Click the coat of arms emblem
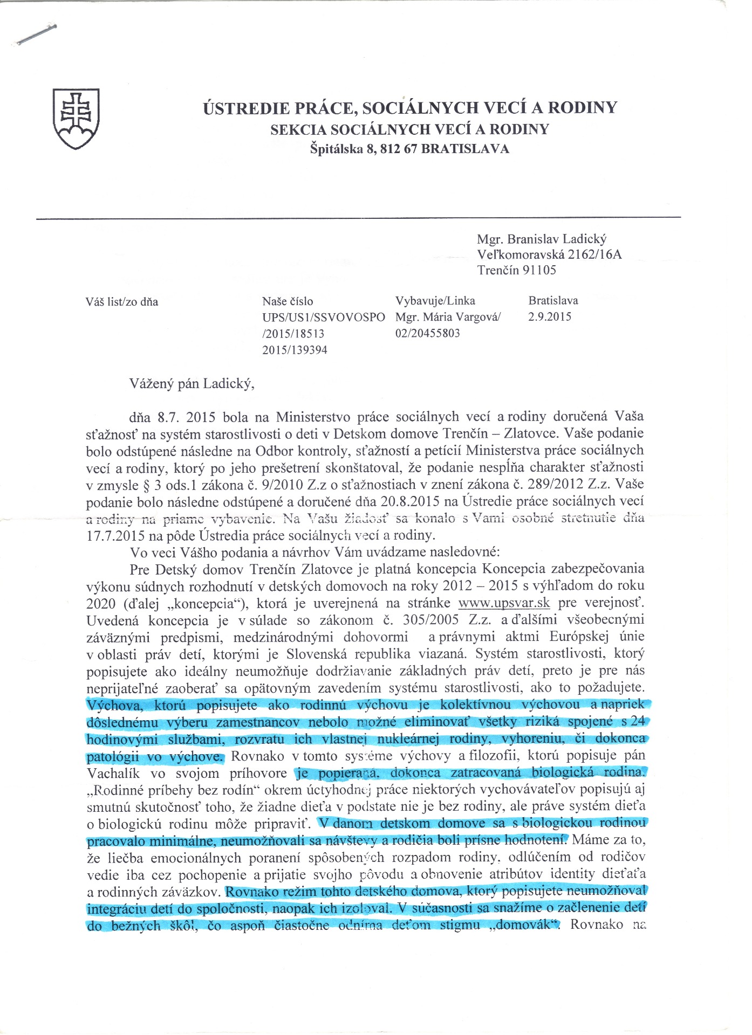point(76,119)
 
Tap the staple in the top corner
point(37,34)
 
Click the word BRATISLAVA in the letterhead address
point(465,149)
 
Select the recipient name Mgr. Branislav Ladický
point(542,239)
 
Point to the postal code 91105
point(538,270)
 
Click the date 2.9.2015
point(550,316)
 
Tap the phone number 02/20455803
point(428,333)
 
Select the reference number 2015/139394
point(295,350)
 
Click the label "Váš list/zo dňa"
point(122,302)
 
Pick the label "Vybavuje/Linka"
point(435,301)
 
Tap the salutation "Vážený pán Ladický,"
point(192,384)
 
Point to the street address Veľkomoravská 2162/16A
point(549,254)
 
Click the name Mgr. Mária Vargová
point(448,317)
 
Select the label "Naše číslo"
point(288,301)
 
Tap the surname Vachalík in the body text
point(113,774)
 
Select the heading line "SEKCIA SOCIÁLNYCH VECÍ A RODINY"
point(410,129)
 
